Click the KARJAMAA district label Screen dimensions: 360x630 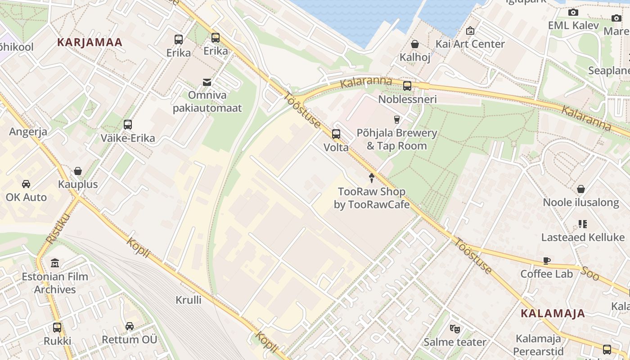[90, 42]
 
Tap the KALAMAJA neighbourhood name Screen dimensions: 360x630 [553, 314]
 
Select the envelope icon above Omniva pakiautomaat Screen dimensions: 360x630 [207, 82]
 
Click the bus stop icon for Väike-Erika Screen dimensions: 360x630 [128, 125]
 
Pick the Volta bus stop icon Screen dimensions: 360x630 [336, 134]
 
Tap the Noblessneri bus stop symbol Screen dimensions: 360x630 [407, 85]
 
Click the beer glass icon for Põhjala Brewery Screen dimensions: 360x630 [396, 119]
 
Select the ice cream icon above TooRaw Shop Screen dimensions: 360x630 [372, 178]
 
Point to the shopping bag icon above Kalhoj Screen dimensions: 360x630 [415, 44]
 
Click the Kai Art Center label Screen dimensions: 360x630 [470, 44]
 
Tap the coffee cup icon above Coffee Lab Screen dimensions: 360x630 [547, 261]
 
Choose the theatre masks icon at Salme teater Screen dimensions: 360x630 [455, 329]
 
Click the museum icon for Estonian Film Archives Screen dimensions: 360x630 [55, 263]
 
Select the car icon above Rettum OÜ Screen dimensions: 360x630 [130, 326]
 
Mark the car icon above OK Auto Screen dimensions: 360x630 [26, 184]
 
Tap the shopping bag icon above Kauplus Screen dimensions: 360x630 [78, 171]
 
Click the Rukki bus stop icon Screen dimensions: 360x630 [57, 328]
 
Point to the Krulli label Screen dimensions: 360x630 [189, 300]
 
